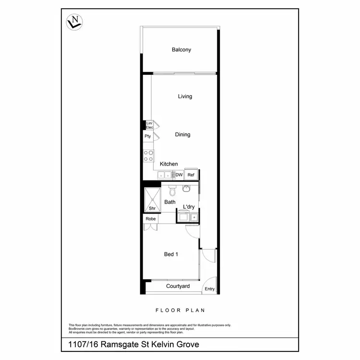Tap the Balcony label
[181, 49]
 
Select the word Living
[185, 96]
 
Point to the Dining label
[182, 135]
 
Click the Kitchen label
[168, 164]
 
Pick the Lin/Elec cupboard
[149, 125]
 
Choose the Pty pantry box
[148, 136]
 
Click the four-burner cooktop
[148, 156]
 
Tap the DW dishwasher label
[179, 175]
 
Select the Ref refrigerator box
[191, 175]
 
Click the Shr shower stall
[152, 199]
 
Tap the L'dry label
[189, 207]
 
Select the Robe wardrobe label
[151, 219]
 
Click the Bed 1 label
[171, 254]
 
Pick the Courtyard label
[178, 287]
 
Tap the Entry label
[210, 289]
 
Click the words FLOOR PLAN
[180, 310]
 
